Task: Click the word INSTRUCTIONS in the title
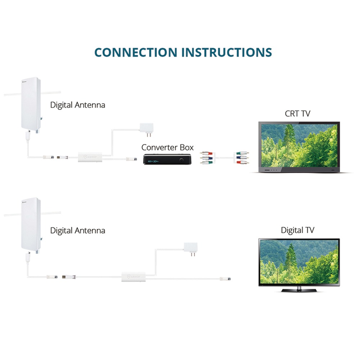click(x=226, y=52)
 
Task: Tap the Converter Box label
click(x=167, y=147)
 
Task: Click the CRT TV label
click(x=297, y=114)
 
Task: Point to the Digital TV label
click(x=297, y=230)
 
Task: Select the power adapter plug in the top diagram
click(x=147, y=128)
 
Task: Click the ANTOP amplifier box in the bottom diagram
click(x=133, y=276)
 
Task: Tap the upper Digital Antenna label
click(x=78, y=105)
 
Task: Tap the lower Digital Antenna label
click(x=78, y=230)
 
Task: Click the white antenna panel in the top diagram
click(x=31, y=103)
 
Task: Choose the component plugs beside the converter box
click(x=206, y=157)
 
